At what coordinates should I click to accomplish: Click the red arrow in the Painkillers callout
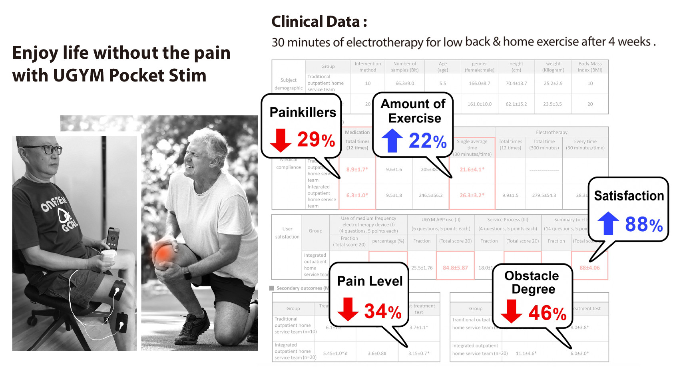(x=280, y=140)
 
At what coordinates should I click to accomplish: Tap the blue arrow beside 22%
(x=392, y=141)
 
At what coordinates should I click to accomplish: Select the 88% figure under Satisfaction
(x=643, y=224)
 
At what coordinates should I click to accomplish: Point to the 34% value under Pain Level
(x=382, y=311)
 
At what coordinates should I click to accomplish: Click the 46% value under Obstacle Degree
(x=547, y=313)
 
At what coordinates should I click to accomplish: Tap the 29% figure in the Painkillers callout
(x=316, y=139)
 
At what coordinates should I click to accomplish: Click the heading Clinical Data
(x=319, y=22)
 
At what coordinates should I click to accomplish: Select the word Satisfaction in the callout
(x=629, y=196)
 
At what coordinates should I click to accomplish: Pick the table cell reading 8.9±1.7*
(x=357, y=169)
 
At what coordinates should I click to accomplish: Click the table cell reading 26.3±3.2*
(x=472, y=195)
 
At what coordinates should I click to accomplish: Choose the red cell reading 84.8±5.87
(x=455, y=268)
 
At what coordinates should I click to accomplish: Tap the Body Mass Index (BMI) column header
(x=590, y=67)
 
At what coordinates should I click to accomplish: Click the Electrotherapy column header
(x=552, y=132)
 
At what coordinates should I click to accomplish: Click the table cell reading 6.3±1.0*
(x=357, y=195)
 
